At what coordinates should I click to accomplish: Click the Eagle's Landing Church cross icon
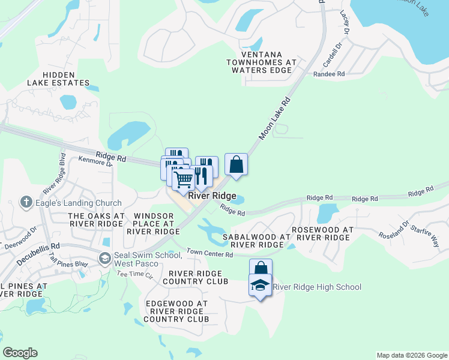click(26, 202)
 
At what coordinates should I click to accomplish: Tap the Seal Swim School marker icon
click(105, 259)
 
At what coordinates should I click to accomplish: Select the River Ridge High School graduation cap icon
click(261, 285)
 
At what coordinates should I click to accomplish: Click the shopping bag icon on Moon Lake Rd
click(237, 164)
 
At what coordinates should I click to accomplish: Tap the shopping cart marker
click(183, 178)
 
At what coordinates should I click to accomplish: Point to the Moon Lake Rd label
click(274, 119)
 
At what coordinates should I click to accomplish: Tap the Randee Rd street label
click(329, 74)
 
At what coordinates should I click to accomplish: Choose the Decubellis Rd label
click(38, 246)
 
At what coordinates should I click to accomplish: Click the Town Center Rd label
click(209, 254)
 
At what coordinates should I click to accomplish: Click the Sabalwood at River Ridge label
click(253, 241)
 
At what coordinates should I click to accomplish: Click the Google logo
click(20, 353)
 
